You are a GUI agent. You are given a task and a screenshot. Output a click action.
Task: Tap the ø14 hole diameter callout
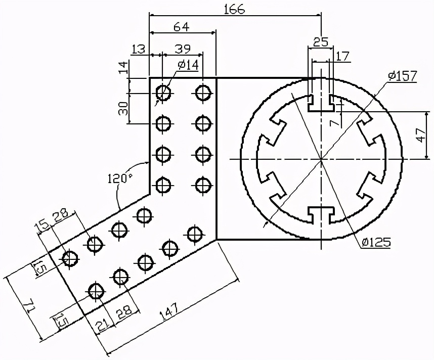(189, 65)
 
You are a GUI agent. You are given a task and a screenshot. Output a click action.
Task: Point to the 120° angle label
(119, 178)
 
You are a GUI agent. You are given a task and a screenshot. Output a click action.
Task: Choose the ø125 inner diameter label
(376, 242)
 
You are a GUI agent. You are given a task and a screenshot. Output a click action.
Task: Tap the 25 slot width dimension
(320, 42)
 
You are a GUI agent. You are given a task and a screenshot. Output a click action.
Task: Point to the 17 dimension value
(343, 56)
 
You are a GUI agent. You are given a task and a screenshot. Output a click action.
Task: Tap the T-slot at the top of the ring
(321, 102)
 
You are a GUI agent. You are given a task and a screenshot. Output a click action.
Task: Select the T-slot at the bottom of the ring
(321, 214)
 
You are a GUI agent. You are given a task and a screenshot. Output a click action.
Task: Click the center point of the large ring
(321, 159)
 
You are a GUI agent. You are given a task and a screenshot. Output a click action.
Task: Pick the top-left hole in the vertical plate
(163, 93)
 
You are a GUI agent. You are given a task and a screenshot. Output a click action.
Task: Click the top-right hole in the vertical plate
(203, 93)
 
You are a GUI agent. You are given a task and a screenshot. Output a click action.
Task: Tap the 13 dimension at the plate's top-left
(138, 49)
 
